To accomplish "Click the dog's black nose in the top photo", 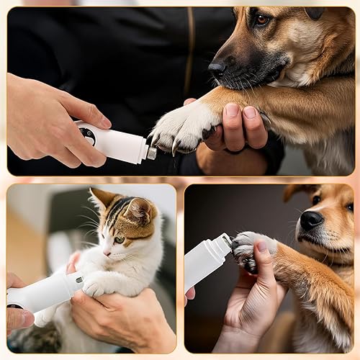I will [x=217, y=69].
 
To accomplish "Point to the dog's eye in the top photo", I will [x=261, y=19].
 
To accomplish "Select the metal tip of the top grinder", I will [x=151, y=153].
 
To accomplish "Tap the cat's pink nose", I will [x=107, y=253].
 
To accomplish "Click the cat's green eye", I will [x=120, y=240].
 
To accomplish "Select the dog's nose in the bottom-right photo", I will [x=311, y=220].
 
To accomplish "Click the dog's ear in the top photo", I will [x=315, y=12].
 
